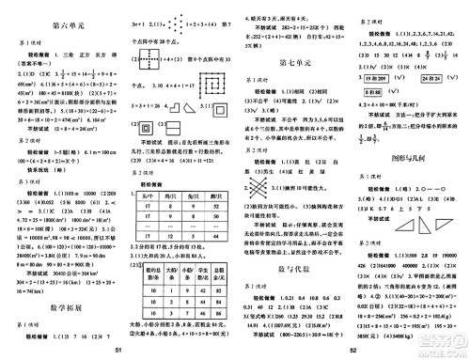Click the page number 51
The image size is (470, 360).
click(x=117, y=352)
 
